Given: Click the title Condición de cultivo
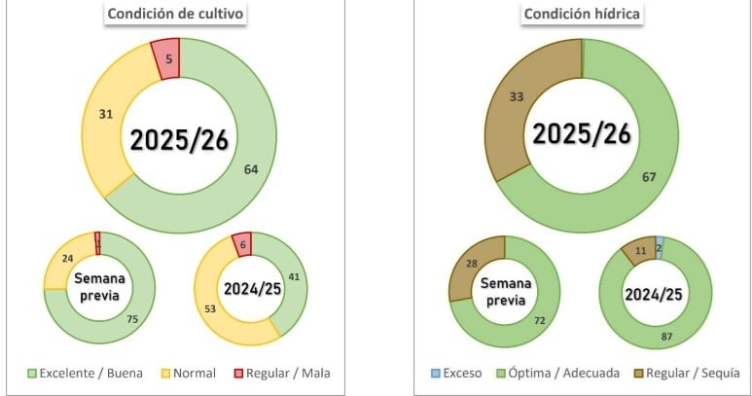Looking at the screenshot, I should point(176,15).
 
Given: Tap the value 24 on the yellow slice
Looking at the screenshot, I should point(66,260).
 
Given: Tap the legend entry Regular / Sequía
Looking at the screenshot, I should point(691,373).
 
